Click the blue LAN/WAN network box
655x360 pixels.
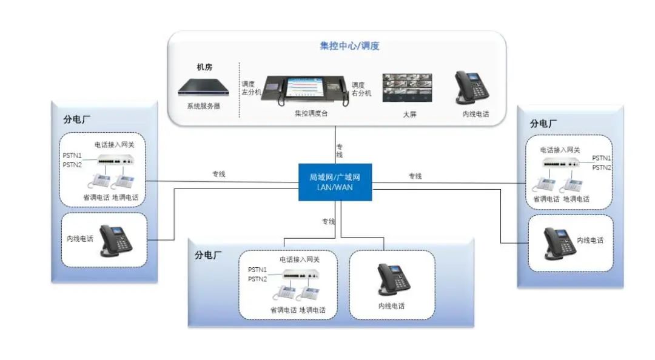(x=335, y=182)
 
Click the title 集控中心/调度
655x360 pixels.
(x=349, y=46)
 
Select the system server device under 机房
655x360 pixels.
(x=203, y=90)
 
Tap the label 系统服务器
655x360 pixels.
(x=203, y=106)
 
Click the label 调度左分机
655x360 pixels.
(x=251, y=88)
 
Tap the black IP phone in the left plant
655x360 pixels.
(x=115, y=240)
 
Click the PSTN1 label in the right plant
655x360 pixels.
(x=602, y=158)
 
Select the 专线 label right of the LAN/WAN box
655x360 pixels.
(x=415, y=176)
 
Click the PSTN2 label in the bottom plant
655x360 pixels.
(x=257, y=279)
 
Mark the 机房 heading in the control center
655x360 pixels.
(x=204, y=67)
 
